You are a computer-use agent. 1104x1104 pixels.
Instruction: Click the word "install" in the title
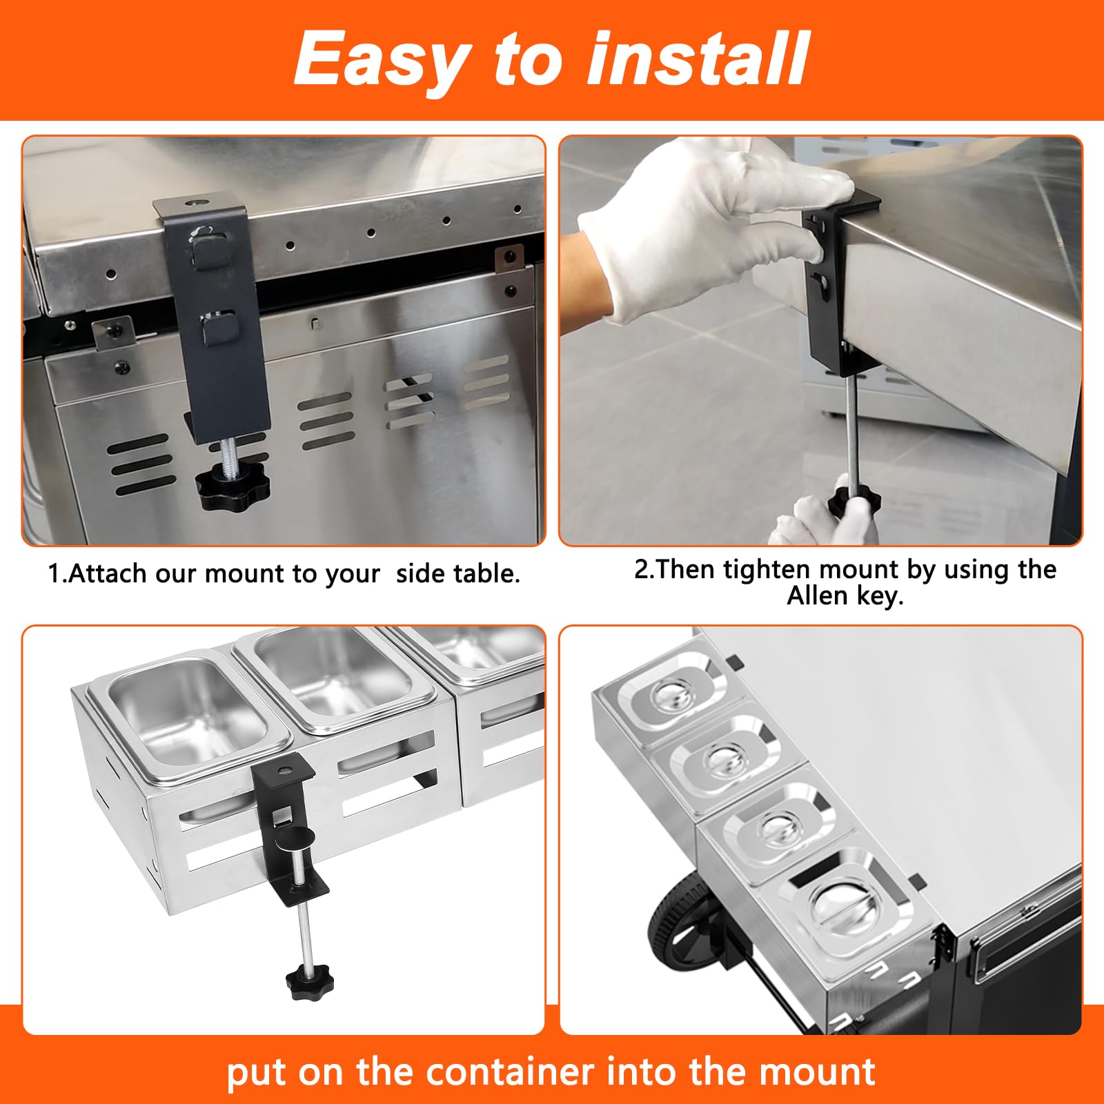pyautogui.click(x=698, y=59)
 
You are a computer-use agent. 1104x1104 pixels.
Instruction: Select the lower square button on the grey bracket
pyautogui.click(x=219, y=328)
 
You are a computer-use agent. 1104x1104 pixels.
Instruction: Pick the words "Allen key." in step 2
pyautogui.click(x=845, y=596)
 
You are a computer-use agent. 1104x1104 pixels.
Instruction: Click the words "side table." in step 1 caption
pyautogui.click(x=458, y=573)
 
